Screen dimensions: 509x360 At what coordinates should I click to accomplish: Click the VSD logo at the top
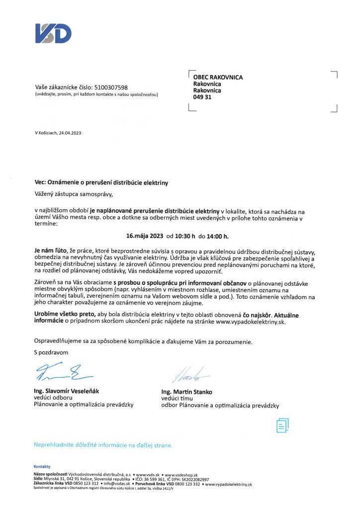click(x=53, y=33)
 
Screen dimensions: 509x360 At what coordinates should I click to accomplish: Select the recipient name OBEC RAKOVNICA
click(x=218, y=77)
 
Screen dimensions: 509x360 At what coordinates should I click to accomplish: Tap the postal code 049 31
click(x=202, y=97)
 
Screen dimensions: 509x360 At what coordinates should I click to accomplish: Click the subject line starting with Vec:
click(x=101, y=183)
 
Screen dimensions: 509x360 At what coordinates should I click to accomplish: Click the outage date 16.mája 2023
click(x=145, y=236)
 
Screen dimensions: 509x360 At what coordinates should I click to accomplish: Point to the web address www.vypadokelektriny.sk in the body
click(x=251, y=322)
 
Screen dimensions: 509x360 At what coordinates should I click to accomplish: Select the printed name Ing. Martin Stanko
click(x=186, y=392)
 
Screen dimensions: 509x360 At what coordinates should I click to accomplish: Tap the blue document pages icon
click(x=282, y=425)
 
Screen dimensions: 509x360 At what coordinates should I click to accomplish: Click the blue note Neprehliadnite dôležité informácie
click(x=103, y=445)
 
